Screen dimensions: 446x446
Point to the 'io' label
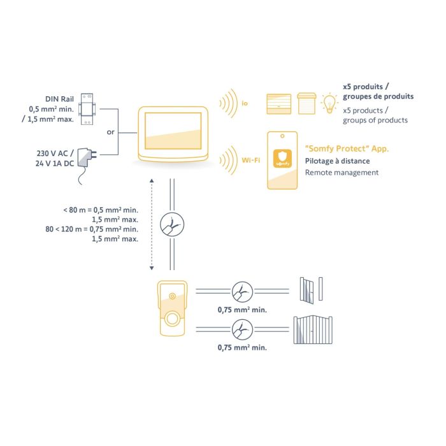click(x=245, y=102)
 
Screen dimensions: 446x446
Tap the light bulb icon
click(x=329, y=103)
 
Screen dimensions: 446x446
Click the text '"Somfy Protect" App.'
click(x=347, y=148)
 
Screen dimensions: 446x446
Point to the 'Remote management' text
click(x=342, y=173)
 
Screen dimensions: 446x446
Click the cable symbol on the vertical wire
click(x=170, y=224)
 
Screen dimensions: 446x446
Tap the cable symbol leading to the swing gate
click(x=242, y=330)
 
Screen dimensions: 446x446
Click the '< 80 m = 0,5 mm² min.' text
click(x=101, y=210)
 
